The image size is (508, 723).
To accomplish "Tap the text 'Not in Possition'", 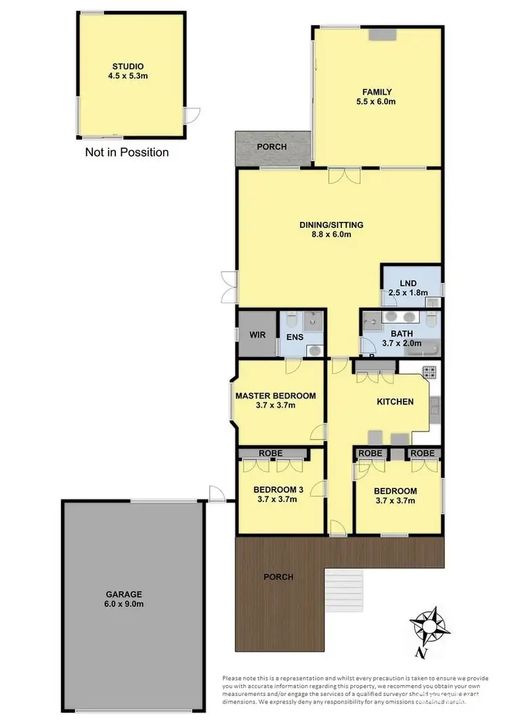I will tap(127, 152).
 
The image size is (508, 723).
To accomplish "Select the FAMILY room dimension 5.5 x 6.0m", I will tap(377, 102).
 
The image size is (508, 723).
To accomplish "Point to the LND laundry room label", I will tap(408, 283).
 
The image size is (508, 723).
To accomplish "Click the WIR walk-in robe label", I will tap(257, 335).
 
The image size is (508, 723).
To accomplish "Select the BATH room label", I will tap(401, 333).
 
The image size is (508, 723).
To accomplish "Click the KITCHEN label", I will tap(395, 402).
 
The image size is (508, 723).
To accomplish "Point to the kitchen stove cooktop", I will tap(429, 371).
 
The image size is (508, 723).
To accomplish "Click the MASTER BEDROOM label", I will tap(275, 396).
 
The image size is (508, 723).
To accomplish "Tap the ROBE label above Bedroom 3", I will tap(270, 453).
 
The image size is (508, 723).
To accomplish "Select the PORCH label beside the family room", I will tap(272, 147).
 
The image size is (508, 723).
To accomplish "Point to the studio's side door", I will tap(194, 114).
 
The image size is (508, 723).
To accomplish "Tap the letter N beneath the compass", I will tap(421, 653).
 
